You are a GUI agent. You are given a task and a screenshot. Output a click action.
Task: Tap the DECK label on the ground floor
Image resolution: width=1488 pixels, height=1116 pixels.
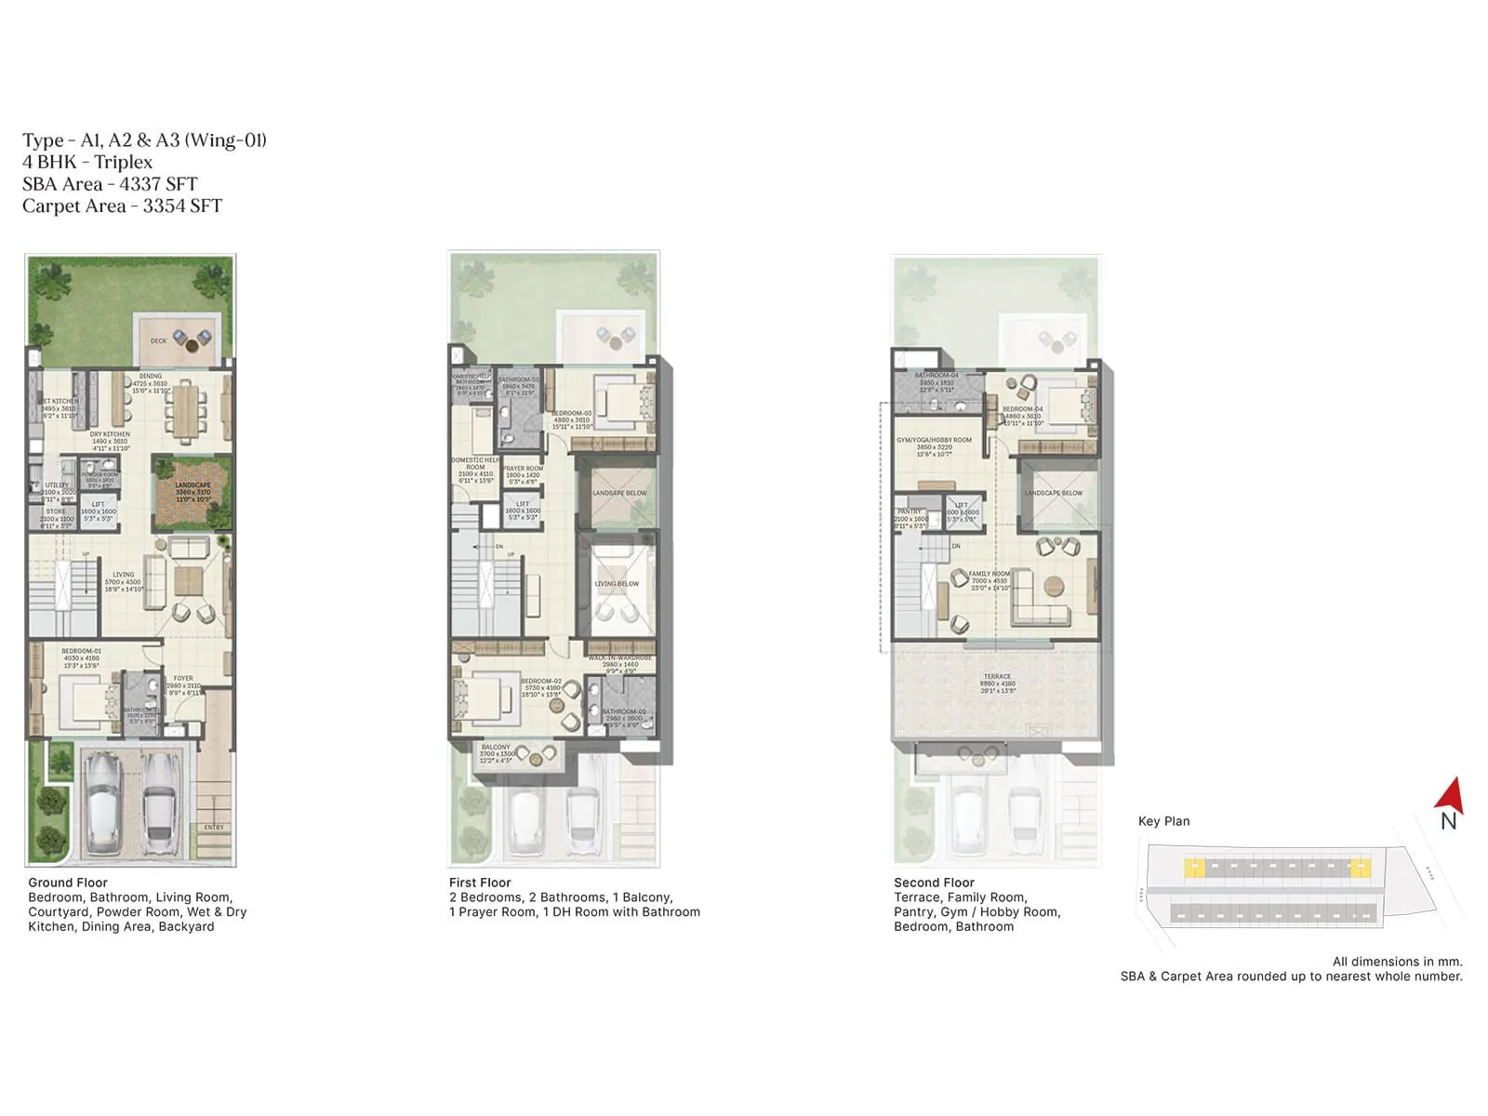tap(159, 341)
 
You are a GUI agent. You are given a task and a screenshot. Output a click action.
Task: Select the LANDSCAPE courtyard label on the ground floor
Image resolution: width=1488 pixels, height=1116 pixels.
tap(193, 485)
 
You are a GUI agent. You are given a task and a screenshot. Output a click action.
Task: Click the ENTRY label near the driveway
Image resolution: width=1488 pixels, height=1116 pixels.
tap(214, 827)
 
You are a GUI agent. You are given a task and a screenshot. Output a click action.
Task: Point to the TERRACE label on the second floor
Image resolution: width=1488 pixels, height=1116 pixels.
tap(997, 677)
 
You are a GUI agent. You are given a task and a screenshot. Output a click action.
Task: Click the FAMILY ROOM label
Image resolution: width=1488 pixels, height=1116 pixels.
tap(989, 574)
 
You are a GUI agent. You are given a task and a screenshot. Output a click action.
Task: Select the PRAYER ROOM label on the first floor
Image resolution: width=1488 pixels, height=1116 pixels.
tap(523, 469)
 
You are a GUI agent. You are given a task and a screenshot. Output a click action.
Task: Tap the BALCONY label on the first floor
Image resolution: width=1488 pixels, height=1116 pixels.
tap(496, 747)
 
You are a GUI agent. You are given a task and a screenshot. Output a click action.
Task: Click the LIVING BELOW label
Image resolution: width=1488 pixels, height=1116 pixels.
tap(617, 584)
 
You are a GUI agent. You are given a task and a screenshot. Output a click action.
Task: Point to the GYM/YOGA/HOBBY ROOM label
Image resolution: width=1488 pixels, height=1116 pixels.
tap(934, 440)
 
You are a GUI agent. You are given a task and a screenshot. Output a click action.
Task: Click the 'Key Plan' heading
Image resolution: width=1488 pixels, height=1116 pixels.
tap(1163, 821)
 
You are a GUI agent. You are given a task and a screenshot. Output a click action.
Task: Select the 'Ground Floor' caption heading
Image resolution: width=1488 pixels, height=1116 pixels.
tap(68, 883)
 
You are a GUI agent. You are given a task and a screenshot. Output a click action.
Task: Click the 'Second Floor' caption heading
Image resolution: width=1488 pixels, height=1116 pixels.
tap(934, 883)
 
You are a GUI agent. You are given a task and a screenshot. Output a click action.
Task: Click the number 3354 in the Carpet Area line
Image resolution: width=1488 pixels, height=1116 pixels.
tap(164, 206)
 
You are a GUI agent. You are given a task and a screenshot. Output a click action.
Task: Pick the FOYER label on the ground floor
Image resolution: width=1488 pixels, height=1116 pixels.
tap(183, 679)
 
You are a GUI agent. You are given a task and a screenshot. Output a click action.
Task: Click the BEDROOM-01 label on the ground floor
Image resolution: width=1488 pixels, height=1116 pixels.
tap(81, 651)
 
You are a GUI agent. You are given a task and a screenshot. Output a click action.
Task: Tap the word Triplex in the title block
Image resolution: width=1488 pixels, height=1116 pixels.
tap(123, 162)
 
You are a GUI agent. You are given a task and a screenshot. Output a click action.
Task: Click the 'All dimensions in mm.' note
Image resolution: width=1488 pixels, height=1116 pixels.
tap(1397, 962)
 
